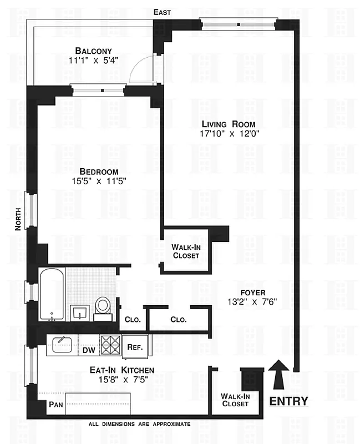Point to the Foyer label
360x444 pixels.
click(252, 292)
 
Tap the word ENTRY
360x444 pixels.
click(288, 401)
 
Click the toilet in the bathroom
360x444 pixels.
click(102, 306)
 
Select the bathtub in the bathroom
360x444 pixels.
click(52, 295)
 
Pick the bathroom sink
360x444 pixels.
click(81, 312)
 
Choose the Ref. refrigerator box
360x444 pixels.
click(135, 347)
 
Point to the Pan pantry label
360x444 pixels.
click(55, 405)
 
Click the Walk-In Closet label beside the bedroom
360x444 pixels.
click(186, 251)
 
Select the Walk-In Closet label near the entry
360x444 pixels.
click(235, 400)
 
